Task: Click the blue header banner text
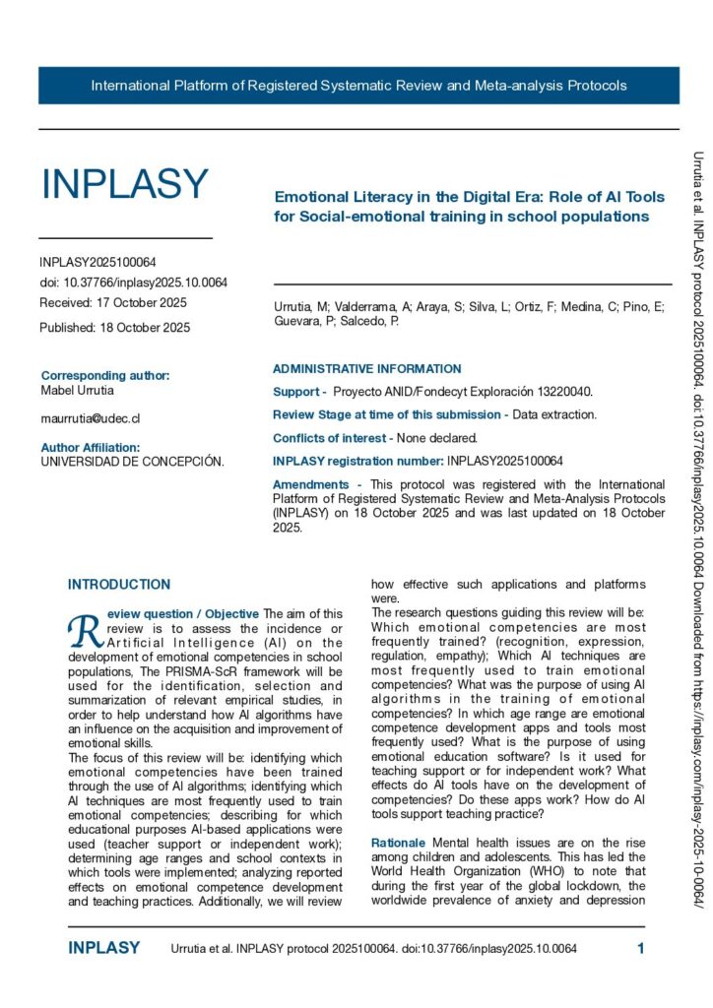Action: pos(358,86)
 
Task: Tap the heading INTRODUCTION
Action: pos(119,584)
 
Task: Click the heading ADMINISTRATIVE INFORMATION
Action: pos(366,369)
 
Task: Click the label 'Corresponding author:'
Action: pos(105,375)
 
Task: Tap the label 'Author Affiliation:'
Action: pos(97,447)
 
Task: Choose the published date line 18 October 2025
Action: pos(114,327)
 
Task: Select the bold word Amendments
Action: pos(310,484)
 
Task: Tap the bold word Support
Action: pos(295,392)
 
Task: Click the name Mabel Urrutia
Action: pos(78,390)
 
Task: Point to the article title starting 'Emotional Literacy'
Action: pos(469,207)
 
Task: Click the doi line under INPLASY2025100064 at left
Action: pos(133,282)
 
